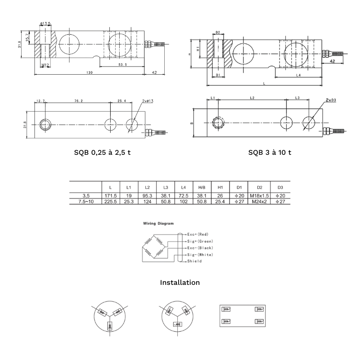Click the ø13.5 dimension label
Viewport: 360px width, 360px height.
click(x=45, y=23)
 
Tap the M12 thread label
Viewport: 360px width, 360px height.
click(x=45, y=65)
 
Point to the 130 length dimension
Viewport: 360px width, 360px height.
click(x=89, y=72)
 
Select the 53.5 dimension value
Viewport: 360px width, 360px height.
click(x=122, y=64)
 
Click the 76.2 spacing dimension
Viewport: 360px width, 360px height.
click(x=78, y=101)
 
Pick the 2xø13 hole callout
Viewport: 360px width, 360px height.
click(x=148, y=101)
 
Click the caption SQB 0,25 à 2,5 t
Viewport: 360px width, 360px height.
click(x=103, y=153)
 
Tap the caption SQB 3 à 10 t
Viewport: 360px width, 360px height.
click(x=270, y=153)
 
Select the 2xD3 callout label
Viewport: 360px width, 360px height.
click(x=331, y=100)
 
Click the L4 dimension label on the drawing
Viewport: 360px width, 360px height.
click(x=298, y=75)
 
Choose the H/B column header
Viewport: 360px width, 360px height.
click(x=202, y=188)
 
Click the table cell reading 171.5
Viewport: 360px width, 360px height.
click(x=111, y=196)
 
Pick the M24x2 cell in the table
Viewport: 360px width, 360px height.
click(x=260, y=202)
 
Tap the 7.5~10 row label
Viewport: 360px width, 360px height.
click(x=86, y=202)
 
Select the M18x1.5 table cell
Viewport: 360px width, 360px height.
click(x=260, y=196)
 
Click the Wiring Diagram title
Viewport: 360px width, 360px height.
click(x=158, y=223)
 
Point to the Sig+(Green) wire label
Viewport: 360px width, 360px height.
click(x=200, y=241)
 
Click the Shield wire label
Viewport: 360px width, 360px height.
click(x=194, y=261)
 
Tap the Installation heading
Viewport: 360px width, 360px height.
click(x=180, y=283)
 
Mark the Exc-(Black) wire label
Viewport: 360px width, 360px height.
click(x=200, y=248)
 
